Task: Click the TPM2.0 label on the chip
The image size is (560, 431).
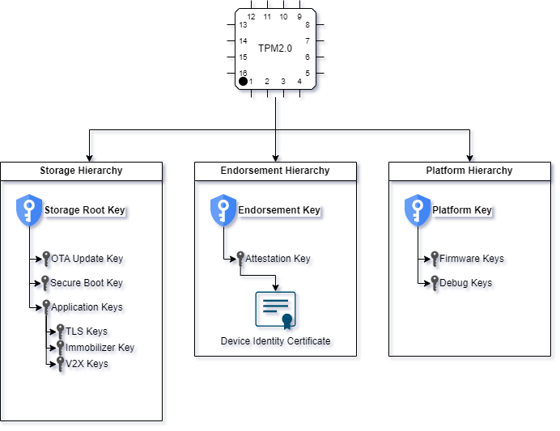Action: click(x=275, y=49)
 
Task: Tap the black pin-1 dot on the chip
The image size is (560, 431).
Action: click(x=243, y=82)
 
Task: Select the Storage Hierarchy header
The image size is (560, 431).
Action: click(x=81, y=171)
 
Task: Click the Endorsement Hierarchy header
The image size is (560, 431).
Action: click(x=275, y=171)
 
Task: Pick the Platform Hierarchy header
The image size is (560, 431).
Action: click(x=469, y=171)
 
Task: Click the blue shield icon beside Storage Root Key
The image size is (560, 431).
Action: click(x=29, y=210)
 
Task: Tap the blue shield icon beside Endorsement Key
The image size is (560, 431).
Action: click(x=223, y=210)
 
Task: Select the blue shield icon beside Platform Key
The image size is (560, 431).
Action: click(x=418, y=210)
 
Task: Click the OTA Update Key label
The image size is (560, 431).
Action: click(x=87, y=259)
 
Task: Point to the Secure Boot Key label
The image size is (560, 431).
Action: click(x=87, y=283)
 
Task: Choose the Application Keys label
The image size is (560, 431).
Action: click(x=87, y=307)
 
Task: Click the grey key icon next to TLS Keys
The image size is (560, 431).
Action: click(x=61, y=332)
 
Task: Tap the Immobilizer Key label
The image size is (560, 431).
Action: click(x=100, y=348)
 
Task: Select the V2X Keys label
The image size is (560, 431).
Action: click(x=87, y=364)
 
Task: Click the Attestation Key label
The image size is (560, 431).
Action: click(x=278, y=259)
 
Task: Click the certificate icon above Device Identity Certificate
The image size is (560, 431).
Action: click(x=275, y=311)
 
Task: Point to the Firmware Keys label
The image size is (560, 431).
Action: click(x=472, y=259)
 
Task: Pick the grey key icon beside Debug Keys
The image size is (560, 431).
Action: click(x=435, y=283)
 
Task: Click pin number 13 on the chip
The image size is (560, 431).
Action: click(x=244, y=25)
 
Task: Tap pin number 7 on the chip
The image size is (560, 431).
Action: click(x=308, y=41)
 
